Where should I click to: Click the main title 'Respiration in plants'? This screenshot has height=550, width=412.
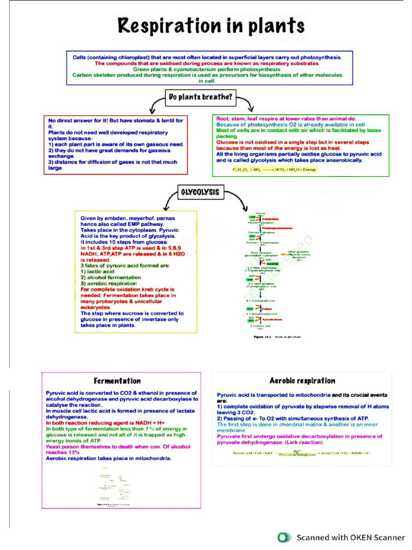(211, 25)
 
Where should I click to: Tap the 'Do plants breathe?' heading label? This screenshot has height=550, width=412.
(201, 97)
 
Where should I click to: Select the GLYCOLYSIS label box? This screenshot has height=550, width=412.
(200, 192)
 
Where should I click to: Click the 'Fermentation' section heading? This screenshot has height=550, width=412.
(117, 381)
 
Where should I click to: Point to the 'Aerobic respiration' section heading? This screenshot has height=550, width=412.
(302, 381)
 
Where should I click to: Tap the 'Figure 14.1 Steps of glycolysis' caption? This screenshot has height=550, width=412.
(277, 336)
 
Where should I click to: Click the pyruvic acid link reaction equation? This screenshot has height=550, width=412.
(301, 453)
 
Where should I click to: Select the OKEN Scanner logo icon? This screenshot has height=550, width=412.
(284, 537)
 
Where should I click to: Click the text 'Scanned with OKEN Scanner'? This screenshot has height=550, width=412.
(351, 537)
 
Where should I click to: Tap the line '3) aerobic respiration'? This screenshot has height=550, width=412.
(108, 284)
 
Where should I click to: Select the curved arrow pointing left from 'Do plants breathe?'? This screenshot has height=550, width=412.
(157, 104)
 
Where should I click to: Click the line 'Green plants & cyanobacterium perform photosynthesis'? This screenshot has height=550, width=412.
(207, 70)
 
